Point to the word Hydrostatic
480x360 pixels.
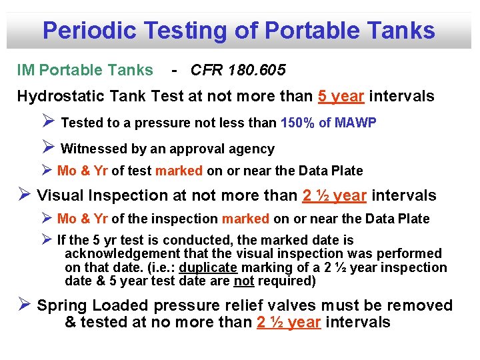point(57,97)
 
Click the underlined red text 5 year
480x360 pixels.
point(341,97)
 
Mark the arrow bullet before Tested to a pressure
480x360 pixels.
point(48,122)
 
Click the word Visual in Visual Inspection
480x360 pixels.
point(59,195)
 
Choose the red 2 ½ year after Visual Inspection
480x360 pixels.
point(334,195)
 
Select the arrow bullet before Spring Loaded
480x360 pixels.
point(24,305)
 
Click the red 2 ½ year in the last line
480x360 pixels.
point(289,323)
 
